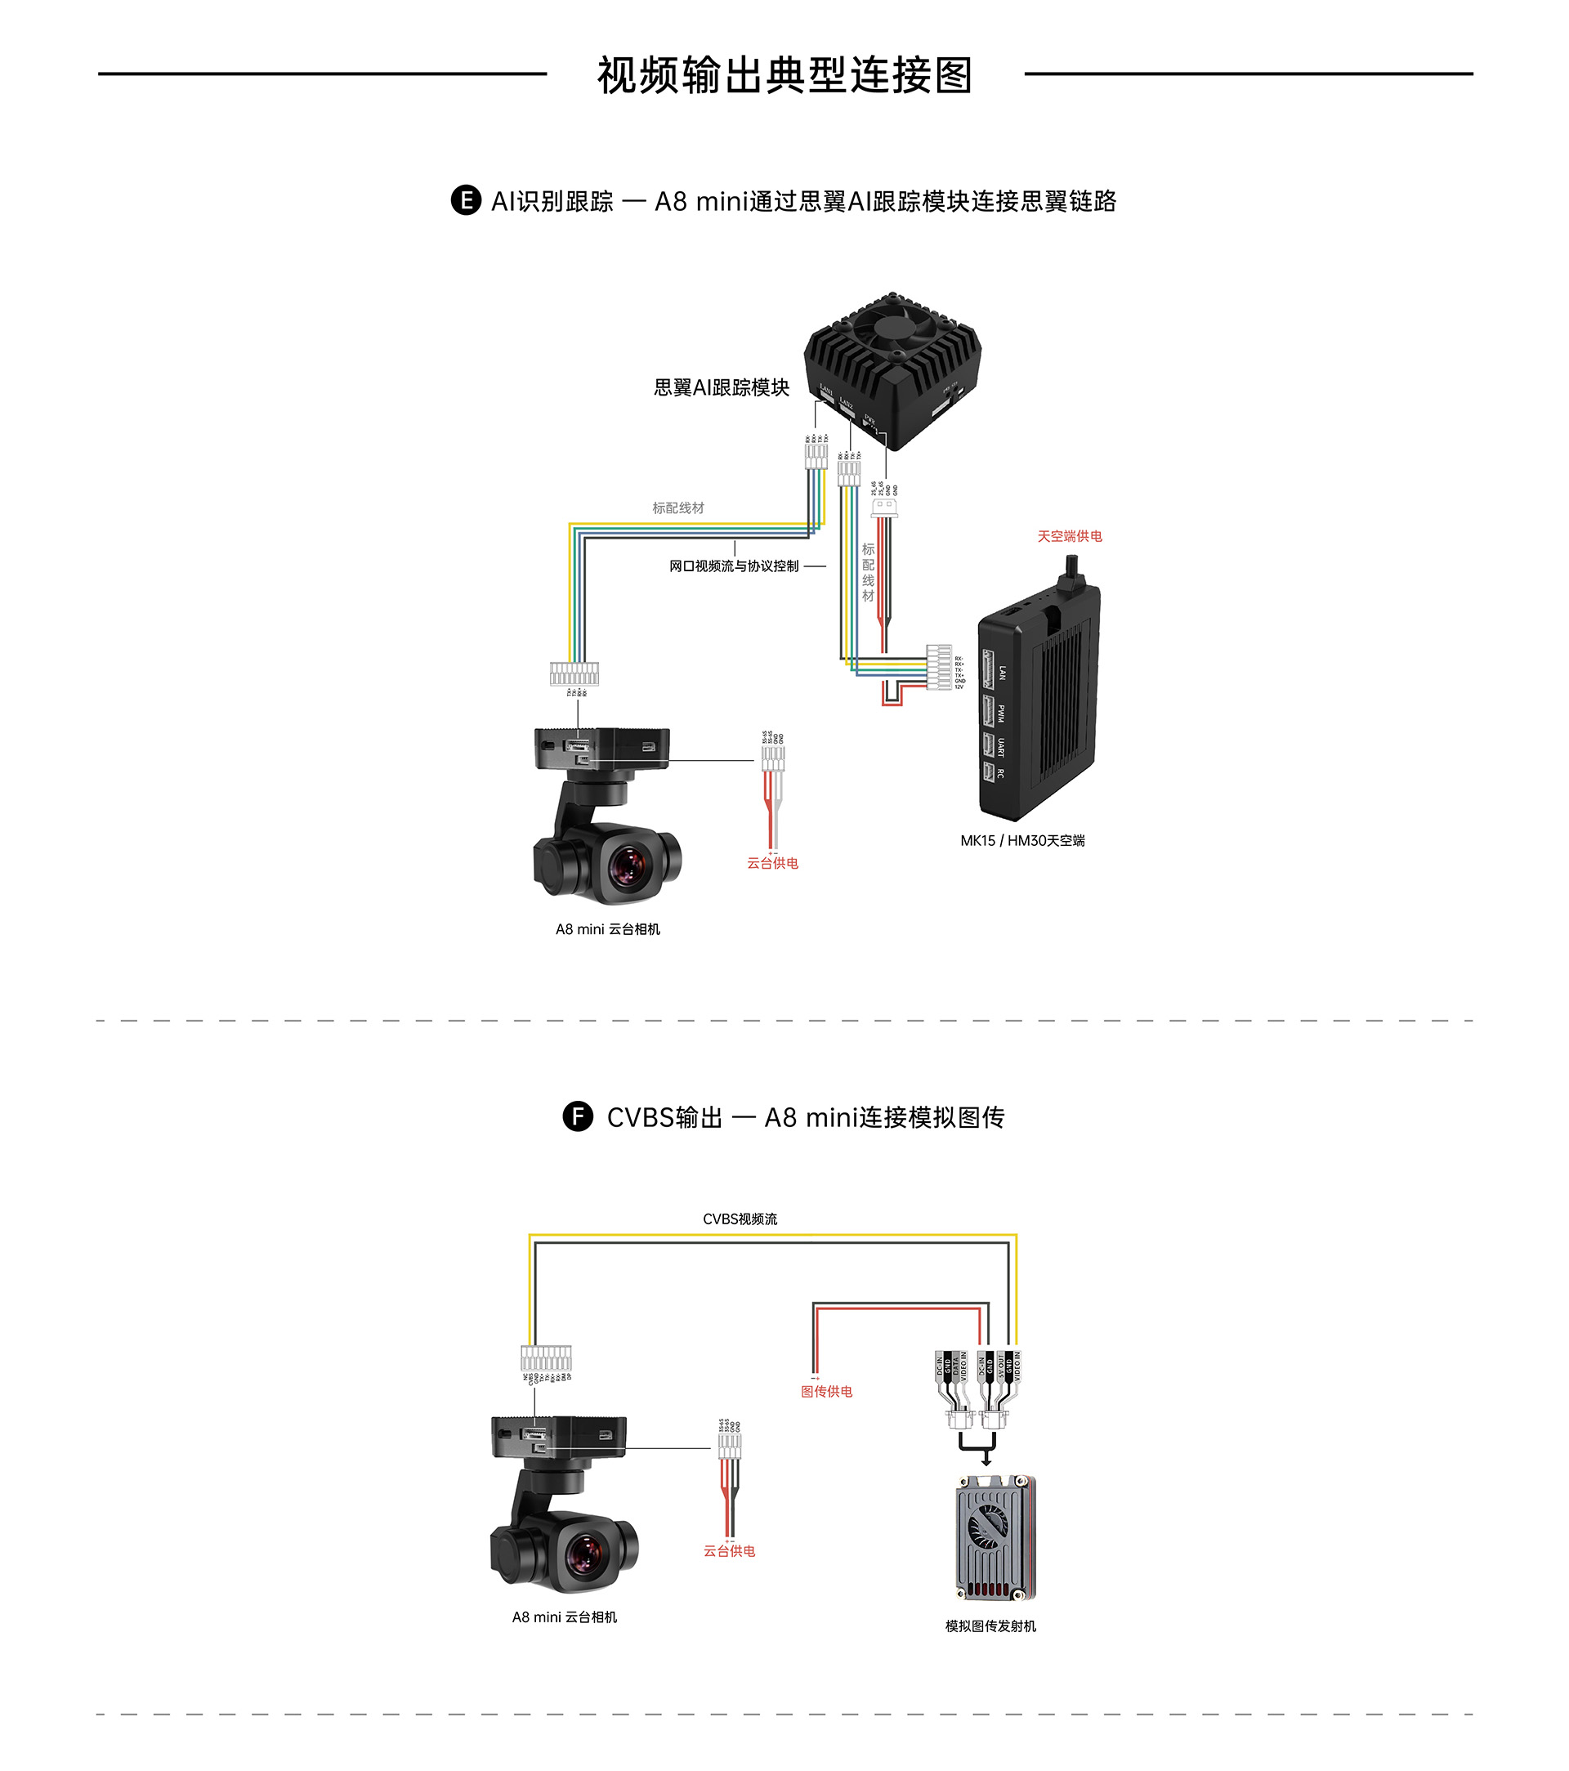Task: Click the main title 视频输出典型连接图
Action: point(784,75)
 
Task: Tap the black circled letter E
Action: point(465,200)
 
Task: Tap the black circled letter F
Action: point(578,1116)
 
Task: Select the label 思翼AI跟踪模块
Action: point(721,387)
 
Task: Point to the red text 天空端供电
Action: point(1069,536)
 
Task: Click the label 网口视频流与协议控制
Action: point(733,566)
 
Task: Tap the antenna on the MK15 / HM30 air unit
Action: point(1071,573)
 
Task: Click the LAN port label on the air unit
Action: point(1003,673)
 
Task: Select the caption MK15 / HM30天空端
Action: point(1022,840)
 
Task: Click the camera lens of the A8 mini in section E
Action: point(628,865)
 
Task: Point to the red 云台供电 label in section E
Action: point(772,863)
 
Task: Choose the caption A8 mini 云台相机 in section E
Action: point(607,929)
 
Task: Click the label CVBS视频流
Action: point(739,1219)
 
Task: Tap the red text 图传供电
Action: point(825,1392)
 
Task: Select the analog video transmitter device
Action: point(995,1538)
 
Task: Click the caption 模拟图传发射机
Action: point(990,1626)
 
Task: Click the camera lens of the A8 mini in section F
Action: point(585,1554)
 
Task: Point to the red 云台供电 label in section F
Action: point(729,1551)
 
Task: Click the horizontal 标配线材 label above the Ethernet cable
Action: point(677,508)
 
